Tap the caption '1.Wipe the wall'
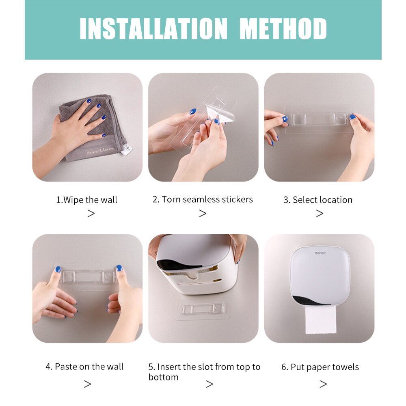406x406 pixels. click(86, 200)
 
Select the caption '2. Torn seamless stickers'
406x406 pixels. click(203, 199)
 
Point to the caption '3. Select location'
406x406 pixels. click(318, 200)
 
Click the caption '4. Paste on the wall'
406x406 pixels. click(84, 367)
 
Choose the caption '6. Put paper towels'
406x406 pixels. click(320, 367)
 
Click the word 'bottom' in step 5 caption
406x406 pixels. click(163, 377)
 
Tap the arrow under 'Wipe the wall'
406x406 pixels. click(91, 214)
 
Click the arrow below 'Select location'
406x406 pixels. click(320, 214)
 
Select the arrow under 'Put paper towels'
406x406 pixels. click(323, 384)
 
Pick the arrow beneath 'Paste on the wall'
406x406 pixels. click(87, 384)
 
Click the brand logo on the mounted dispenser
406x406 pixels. click(324, 253)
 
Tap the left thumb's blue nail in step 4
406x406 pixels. click(58, 269)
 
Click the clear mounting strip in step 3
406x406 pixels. click(319, 119)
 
